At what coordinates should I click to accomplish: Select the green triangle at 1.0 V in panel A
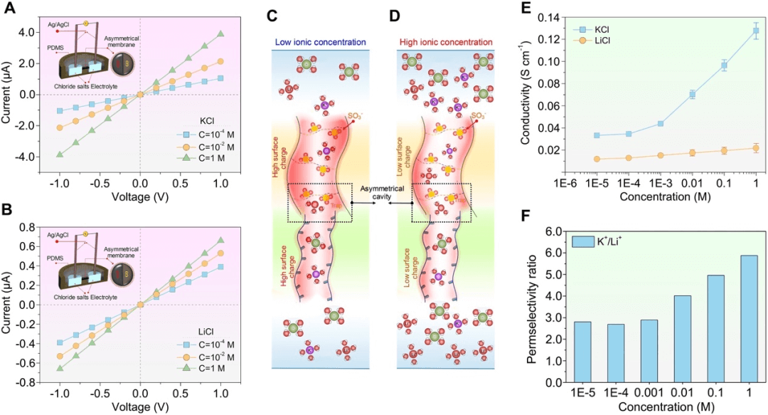pos(221,33)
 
